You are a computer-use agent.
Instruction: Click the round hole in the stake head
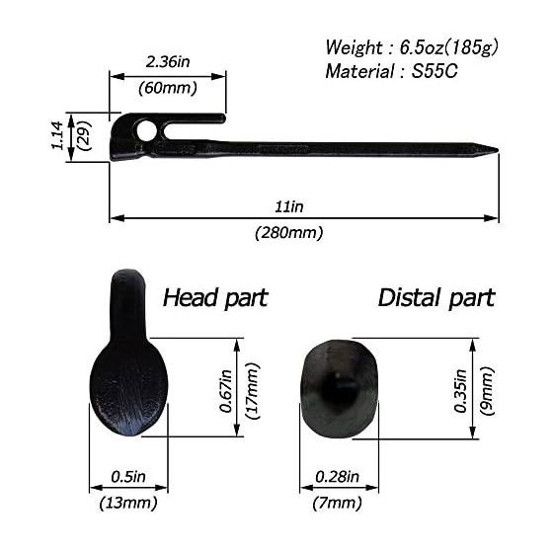[146, 130]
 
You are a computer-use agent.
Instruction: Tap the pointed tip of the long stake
[498, 150]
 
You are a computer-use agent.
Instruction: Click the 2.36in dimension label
[168, 62]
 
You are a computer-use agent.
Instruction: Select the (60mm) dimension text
[168, 88]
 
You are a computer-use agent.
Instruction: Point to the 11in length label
[288, 206]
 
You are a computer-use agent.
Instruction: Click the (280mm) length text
[288, 233]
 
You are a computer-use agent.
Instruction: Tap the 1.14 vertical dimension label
[57, 136]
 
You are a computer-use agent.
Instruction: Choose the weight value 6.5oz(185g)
[449, 47]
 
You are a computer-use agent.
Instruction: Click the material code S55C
[434, 71]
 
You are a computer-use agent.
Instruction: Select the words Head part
[215, 298]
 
